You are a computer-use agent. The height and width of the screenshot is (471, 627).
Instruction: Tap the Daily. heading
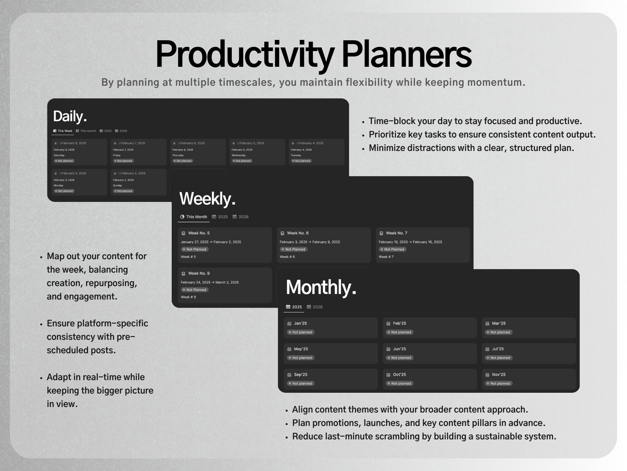point(70,116)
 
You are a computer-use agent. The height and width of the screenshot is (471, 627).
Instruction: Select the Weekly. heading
point(207,198)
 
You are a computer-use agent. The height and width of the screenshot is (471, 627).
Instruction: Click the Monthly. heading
point(321,287)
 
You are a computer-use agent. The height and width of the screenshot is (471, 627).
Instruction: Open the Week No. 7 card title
point(396,233)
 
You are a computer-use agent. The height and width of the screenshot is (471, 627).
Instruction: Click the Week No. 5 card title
point(199,233)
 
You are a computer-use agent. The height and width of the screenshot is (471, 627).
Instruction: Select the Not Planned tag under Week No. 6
point(295,249)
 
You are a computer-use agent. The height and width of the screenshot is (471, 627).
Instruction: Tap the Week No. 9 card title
point(199,273)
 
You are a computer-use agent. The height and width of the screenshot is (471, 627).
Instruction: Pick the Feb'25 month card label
point(399,323)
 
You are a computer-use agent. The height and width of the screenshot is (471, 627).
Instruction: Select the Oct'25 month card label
point(399,375)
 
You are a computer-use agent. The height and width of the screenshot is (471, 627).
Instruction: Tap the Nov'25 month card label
point(498,375)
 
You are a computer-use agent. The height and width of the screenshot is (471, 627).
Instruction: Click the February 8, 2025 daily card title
point(73,143)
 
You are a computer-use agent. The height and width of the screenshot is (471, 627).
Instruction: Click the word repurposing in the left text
point(111,283)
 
